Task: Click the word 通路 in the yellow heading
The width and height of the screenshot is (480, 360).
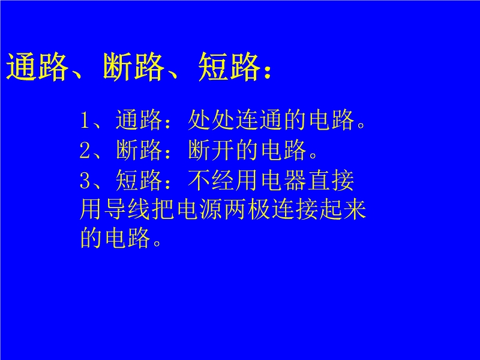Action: tap(37, 67)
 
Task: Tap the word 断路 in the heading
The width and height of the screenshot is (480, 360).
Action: tap(133, 67)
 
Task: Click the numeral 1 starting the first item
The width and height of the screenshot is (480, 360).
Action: tap(85, 120)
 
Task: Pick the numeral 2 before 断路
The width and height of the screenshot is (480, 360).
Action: tap(85, 150)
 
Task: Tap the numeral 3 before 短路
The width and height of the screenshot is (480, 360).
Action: tap(85, 180)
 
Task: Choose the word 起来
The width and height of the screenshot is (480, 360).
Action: tap(343, 209)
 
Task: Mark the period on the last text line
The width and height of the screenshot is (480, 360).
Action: tap(157, 243)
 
